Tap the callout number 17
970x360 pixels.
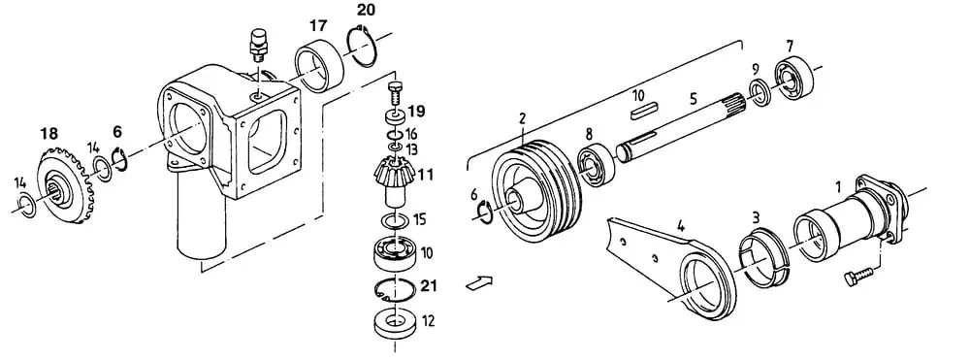point(318,26)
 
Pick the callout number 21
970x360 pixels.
point(429,285)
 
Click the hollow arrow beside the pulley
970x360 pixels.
point(479,282)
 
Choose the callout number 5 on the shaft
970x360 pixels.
point(693,97)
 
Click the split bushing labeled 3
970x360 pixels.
point(763,258)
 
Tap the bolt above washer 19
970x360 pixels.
point(395,93)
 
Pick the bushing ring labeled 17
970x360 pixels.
point(319,65)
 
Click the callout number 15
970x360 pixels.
point(419,219)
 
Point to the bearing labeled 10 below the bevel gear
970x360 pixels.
point(394,252)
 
